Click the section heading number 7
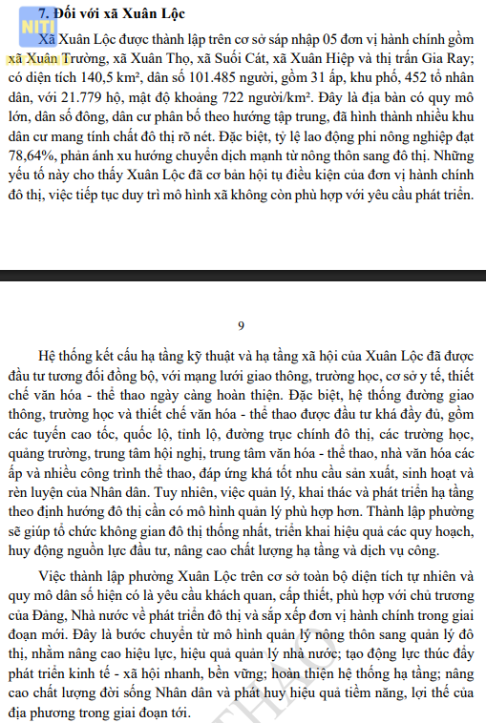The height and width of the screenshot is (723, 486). click(42, 14)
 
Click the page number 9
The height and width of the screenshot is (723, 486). click(242, 324)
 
